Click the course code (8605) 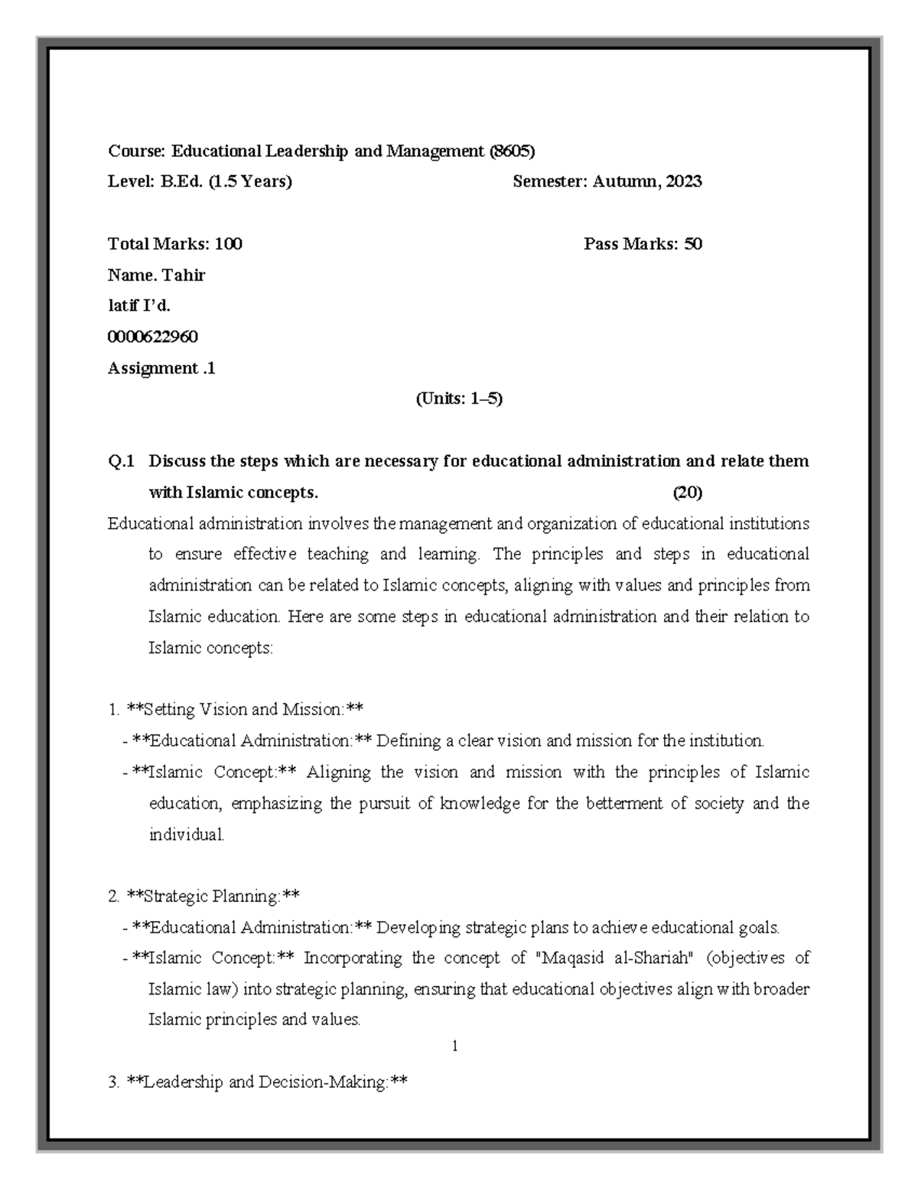[x=512, y=151]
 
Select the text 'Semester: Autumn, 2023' [x=607, y=181]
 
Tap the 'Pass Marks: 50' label [x=643, y=244]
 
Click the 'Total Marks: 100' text [x=175, y=244]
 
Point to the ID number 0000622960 [x=153, y=337]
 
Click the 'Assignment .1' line [x=161, y=368]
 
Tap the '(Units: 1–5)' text [x=458, y=399]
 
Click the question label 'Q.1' [x=121, y=461]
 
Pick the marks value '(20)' [x=687, y=493]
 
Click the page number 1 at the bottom [x=455, y=1046]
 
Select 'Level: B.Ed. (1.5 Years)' [x=200, y=181]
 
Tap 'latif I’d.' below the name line [x=139, y=306]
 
